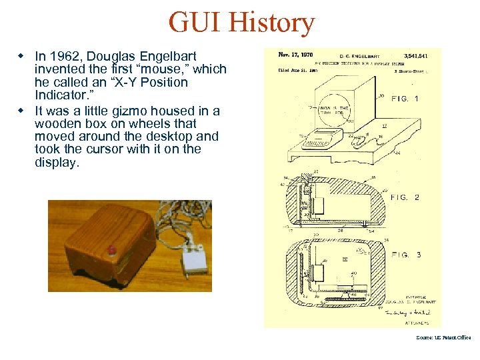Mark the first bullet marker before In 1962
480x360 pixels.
click(x=21, y=56)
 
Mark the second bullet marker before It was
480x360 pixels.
click(x=21, y=111)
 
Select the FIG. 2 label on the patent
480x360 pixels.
click(x=405, y=197)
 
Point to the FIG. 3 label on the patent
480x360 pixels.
click(x=406, y=255)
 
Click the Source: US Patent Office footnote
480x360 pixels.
click(x=443, y=337)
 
